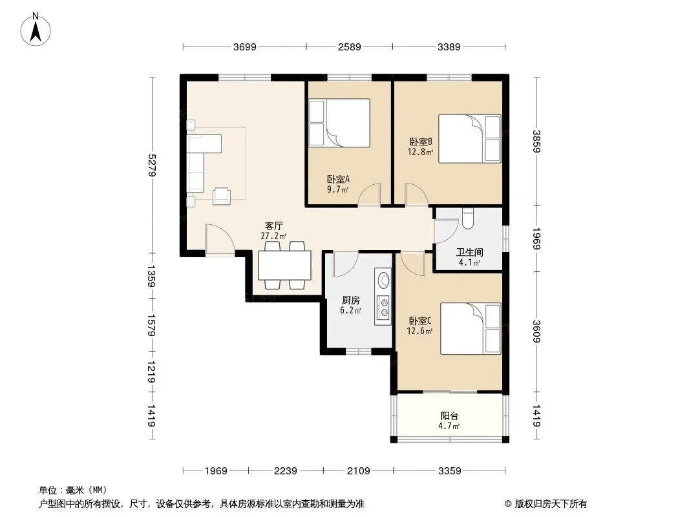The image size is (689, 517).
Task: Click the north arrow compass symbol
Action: click(x=36, y=30)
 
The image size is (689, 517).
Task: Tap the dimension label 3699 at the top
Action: click(x=245, y=47)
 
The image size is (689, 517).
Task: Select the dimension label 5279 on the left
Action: click(x=153, y=165)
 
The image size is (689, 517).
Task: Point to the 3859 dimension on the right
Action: click(x=536, y=142)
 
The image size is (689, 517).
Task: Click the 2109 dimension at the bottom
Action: click(x=359, y=471)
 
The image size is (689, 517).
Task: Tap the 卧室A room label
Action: click(x=338, y=179)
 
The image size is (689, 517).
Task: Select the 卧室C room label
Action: click(x=420, y=321)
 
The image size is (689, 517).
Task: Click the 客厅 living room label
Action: click(x=273, y=226)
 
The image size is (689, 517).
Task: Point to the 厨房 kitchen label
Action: click(x=351, y=300)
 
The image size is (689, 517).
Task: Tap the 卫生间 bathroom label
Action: click(x=470, y=252)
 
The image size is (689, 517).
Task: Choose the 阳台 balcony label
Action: click(x=449, y=416)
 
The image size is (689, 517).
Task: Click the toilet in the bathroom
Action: click(x=467, y=218)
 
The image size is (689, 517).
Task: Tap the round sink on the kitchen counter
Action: click(x=384, y=280)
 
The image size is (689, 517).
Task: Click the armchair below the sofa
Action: click(x=222, y=196)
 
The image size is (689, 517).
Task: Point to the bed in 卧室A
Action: click(x=339, y=123)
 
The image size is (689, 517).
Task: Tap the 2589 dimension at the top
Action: click(x=349, y=47)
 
